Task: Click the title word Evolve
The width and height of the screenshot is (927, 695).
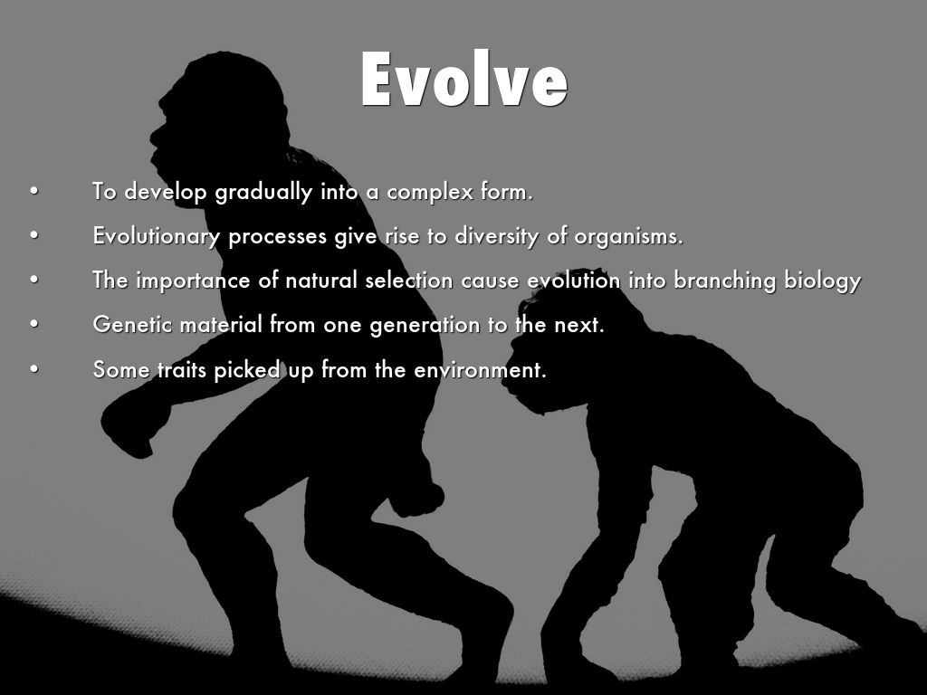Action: (464, 79)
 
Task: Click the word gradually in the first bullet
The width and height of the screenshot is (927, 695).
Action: (263, 192)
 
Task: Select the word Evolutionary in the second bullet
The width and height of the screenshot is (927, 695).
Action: (156, 236)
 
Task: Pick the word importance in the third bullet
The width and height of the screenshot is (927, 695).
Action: (194, 281)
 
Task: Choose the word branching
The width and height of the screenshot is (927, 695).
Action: (725, 281)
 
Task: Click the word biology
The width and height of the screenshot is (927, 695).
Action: (822, 281)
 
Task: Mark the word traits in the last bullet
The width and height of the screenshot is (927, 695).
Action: (181, 370)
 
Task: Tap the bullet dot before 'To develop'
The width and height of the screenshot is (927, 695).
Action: (34, 192)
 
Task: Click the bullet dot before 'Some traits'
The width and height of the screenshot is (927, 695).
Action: (34, 369)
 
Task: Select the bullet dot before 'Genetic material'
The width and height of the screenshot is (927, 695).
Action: (34, 325)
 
